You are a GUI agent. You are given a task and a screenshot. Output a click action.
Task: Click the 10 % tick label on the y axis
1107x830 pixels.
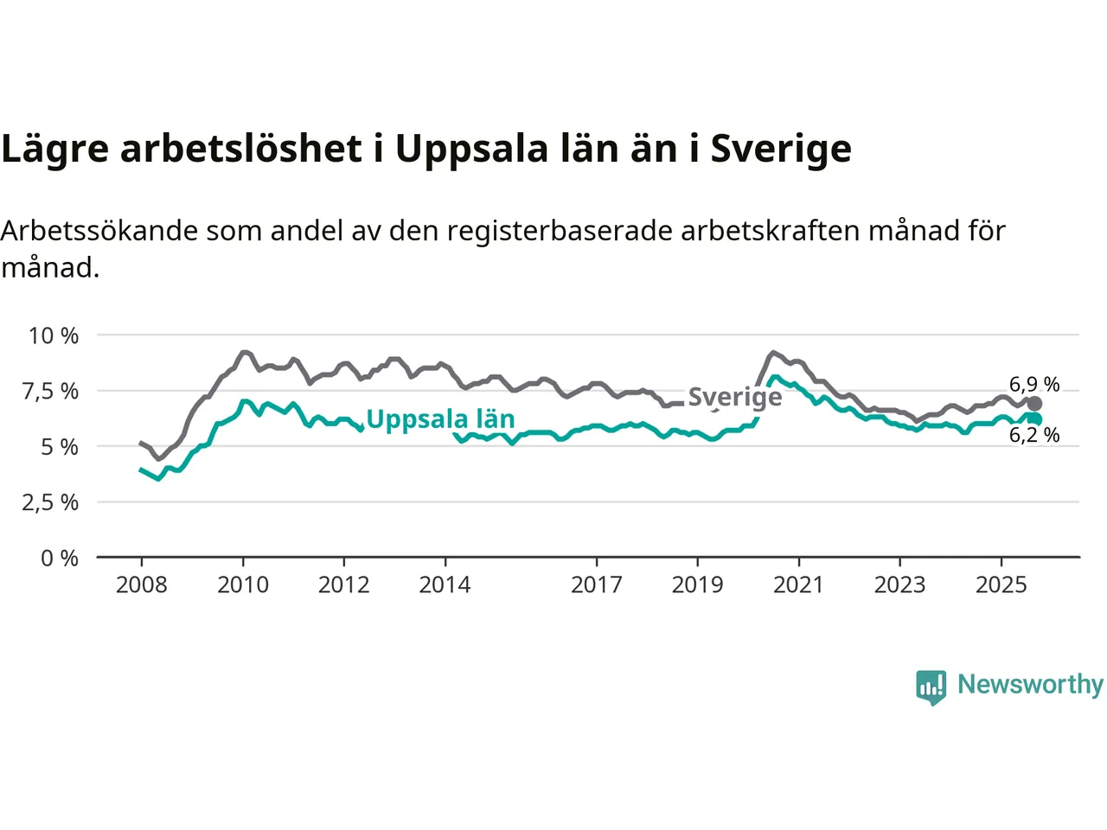click(x=54, y=335)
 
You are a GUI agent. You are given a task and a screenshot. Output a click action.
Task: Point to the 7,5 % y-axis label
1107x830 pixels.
click(x=50, y=391)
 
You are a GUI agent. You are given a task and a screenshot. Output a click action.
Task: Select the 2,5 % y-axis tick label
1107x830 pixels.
click(x=50, y=502)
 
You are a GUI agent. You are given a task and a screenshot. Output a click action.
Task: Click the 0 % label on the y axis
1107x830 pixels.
click(x=59, y=559)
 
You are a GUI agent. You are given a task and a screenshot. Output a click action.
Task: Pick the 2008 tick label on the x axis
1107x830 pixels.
click(x=142, y=585)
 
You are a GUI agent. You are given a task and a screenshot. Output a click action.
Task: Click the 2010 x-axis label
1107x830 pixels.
click(x=243, y=585)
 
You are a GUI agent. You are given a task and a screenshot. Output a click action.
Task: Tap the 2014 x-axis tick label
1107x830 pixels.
click(x=445, y=585)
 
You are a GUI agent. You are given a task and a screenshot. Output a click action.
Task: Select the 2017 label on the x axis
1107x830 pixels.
click(x=597, y=585)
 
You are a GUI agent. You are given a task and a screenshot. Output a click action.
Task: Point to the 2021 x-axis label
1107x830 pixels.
click(x=798, y=585)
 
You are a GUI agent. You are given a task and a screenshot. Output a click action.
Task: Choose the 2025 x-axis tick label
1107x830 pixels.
click(x=1001, y=585)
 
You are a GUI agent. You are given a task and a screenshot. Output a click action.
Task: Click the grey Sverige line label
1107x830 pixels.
click(x=735, y=397)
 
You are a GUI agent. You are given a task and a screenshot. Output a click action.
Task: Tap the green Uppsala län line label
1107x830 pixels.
click(x=440, y=419)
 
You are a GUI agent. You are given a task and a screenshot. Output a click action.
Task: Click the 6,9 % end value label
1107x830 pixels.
click(x=1034, y=384)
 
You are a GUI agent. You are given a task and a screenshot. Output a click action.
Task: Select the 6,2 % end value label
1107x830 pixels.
click(x=1034, y=435)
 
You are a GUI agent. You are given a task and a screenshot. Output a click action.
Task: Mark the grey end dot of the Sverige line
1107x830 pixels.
click(x=1034, y=404)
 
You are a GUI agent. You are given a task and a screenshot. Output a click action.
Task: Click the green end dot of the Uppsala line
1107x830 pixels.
click(x=1035, y=419)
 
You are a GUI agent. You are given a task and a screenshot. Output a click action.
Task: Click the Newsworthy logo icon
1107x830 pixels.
click(x=931, y=686)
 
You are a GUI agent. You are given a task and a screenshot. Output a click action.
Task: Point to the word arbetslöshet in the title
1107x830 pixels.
click(x=240, y=149)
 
